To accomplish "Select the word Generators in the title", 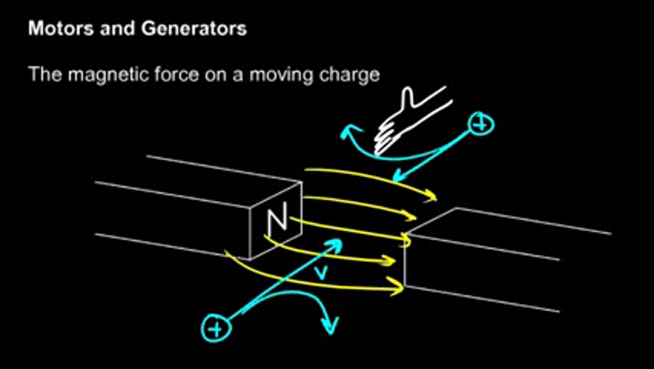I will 194,28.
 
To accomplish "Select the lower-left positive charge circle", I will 216,328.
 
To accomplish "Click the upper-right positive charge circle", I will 481,124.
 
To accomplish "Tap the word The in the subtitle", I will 45,74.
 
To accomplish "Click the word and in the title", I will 117,28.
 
